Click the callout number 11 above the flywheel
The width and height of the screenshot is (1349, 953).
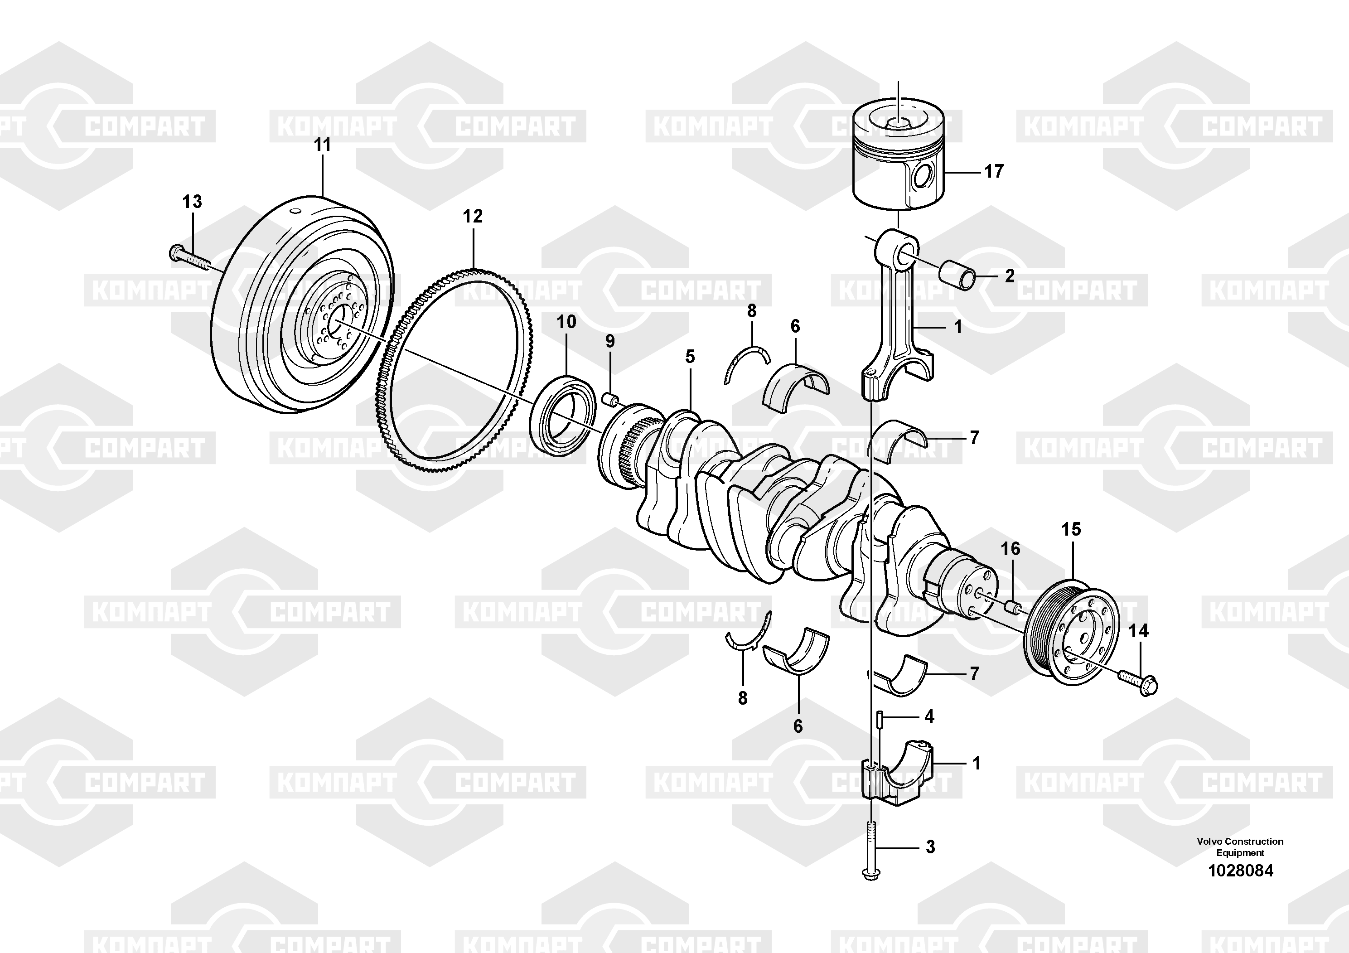coord(323,145)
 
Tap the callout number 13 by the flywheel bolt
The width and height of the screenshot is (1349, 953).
coord(192,202)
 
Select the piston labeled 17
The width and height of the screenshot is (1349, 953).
coord(899,156)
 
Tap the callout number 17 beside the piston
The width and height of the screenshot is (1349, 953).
coord(994,172)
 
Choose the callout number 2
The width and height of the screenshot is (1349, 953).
coord(1010,276)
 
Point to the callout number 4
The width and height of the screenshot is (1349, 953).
coord(929,716)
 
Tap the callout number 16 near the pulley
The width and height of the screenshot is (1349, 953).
coord(1011,549)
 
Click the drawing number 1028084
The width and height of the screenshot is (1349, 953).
coord(1240,871)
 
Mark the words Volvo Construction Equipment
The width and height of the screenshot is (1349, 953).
coord(1240,847)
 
